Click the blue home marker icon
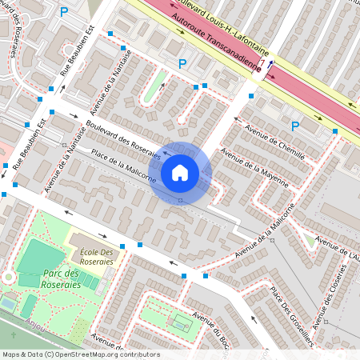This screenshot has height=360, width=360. pos(180,172)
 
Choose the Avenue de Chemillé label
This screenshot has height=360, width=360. pos(277,146)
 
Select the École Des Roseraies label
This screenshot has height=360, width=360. pos(95,257)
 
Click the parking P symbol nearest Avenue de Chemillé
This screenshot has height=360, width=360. pos(295,126)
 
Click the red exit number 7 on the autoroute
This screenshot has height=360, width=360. pos(262,63)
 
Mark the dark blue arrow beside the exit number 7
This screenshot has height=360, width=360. pos(270,66)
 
